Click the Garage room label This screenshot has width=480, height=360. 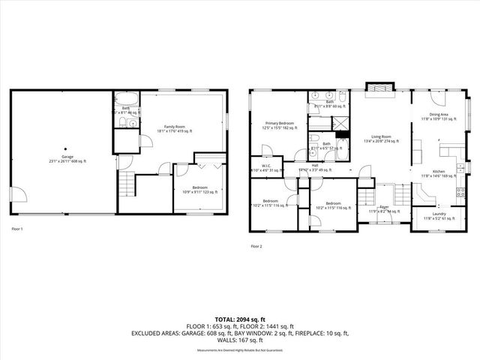(64, 159)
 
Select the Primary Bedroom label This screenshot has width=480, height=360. (279, 125)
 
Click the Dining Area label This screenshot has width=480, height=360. (439, 116)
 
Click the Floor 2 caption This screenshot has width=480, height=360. (256, 245)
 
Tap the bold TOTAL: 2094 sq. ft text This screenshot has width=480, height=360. (240, 319)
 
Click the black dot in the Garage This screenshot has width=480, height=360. (64, 148)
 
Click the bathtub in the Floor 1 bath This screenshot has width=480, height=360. (125, 98)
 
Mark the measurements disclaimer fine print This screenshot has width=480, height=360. (240, 350)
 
